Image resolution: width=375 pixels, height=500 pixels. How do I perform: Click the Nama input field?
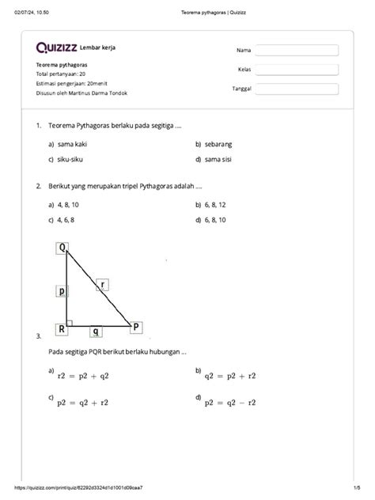tap(297, 51)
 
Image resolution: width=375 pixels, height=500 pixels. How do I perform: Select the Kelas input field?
tap(297, 69)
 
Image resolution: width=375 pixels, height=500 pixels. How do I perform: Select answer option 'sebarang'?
tap(219, 144)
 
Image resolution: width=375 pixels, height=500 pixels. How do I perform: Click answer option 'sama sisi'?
tap(220, 159)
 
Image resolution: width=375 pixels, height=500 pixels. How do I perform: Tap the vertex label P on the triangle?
tap(136, 326)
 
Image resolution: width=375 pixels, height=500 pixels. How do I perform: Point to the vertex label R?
tap(61, 328)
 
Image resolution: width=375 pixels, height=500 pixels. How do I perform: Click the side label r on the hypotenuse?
tap(103, 283)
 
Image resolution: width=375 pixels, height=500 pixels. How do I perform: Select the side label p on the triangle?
tap(62, 290)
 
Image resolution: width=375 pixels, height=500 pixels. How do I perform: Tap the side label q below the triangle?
tap(95, 331)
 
